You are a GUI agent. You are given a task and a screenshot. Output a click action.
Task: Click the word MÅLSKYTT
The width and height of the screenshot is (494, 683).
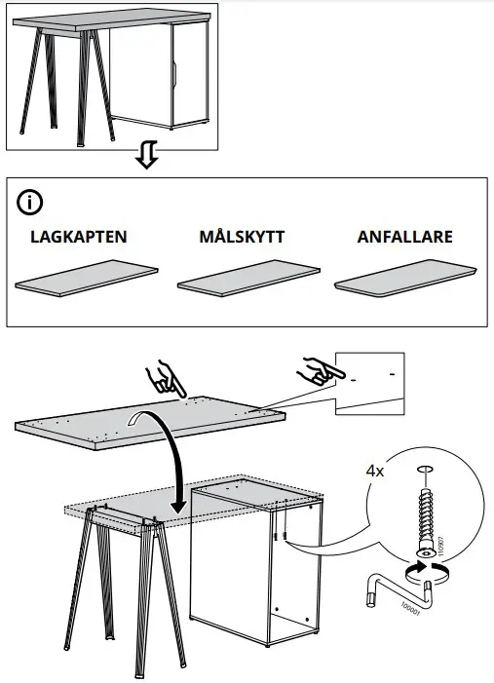click(x=241, y=237)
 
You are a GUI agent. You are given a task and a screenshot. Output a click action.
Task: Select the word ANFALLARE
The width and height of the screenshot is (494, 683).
click(x=404, y=237)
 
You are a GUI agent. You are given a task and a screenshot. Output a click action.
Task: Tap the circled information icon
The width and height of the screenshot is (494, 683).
click(x=31, y=204)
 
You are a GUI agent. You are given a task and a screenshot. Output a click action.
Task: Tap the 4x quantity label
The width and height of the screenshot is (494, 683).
click(x=376, y=470)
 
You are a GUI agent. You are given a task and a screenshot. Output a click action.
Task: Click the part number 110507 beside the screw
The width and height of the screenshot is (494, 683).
click(x=441, y=544)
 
